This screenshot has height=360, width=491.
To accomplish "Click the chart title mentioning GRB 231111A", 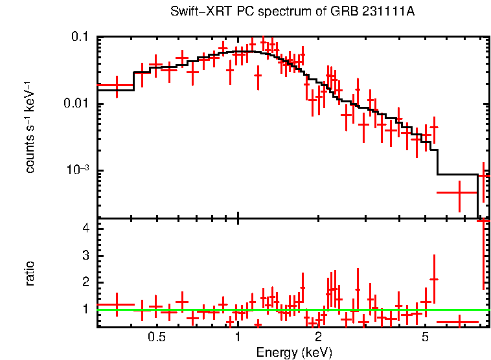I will tap(291, 12).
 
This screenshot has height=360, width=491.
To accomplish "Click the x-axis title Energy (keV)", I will tap(294, 352).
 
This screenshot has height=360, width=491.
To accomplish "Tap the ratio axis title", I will tap(30, 273).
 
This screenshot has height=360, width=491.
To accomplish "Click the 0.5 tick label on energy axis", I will tap(156, 337).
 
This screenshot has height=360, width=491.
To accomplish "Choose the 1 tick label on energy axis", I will tap(238, 337).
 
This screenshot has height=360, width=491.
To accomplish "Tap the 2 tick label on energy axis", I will tap(319, 337).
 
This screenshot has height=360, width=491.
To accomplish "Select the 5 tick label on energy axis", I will tap(426, 337).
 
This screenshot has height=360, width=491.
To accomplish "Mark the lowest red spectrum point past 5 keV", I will tap(459, 192).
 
